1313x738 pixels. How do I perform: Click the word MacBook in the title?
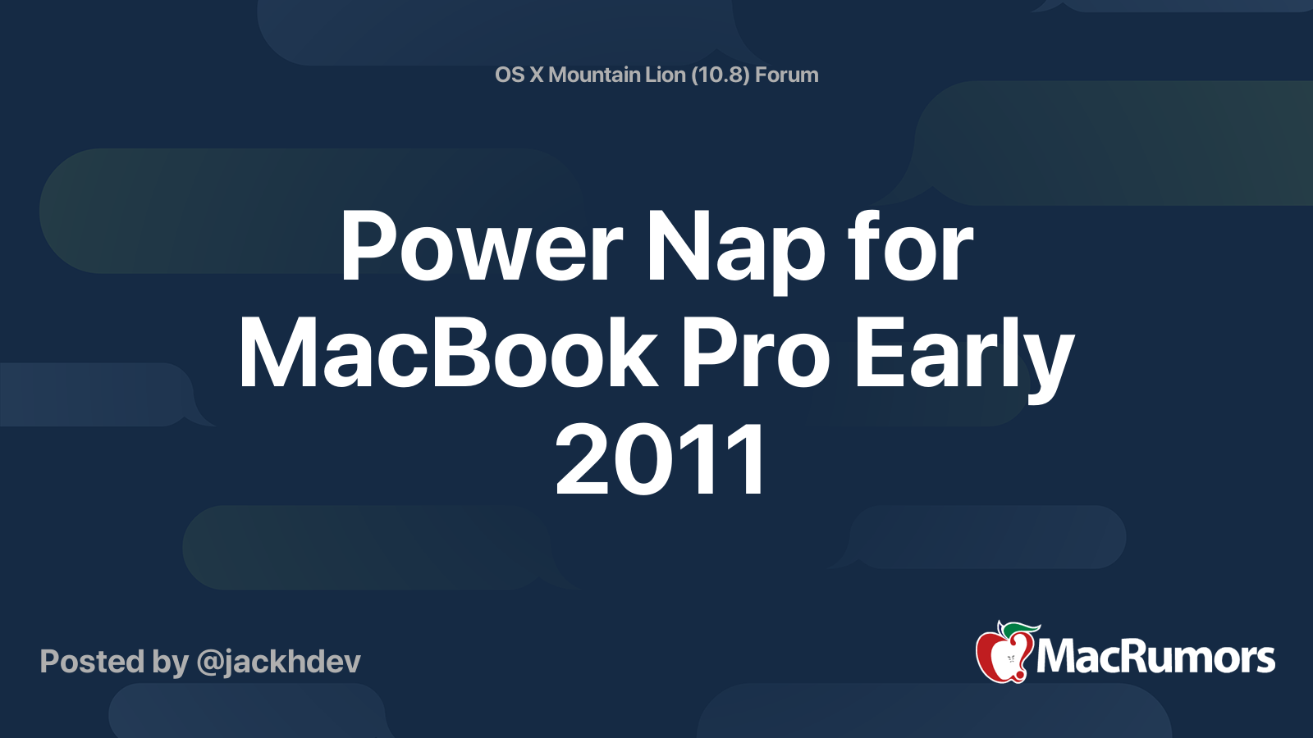(x=448, y=353)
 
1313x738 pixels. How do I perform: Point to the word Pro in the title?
(x=756, y=353)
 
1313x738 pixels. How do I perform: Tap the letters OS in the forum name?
(x=510, y=75)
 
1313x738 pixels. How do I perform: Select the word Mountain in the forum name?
(x=594, y=75)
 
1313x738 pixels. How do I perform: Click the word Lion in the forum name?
(x=665, y=75)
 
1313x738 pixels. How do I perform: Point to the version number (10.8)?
(x=720, y=75)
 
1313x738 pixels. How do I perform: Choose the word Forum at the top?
(x=786, y=75)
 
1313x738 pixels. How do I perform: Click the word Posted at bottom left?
(x=92, y=662)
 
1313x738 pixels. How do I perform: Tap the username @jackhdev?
(x=278, y=662)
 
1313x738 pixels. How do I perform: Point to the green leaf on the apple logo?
(x=1022, y=629)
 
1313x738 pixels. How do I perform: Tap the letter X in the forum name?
(x=536, y=75)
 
